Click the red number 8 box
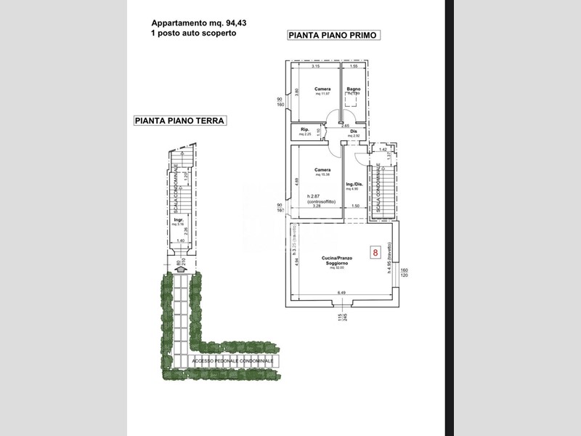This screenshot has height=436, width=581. (x=375, y=253)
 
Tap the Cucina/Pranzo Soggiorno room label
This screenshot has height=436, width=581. (x=336, y=262)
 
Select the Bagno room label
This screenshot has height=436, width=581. (x=353, y=89)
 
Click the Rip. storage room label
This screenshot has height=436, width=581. (x=305, y=130)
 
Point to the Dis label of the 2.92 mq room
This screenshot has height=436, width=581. (x=354, y=132)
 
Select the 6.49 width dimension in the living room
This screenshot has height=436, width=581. (x=341, y=293)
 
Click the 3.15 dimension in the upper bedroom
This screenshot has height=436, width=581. (x=316, y=67)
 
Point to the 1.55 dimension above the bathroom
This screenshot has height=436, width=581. (x=354, y=67)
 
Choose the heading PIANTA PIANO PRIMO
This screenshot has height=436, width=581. (x=334, y=35)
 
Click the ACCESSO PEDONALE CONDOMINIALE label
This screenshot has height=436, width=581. (x=232, y=361)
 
